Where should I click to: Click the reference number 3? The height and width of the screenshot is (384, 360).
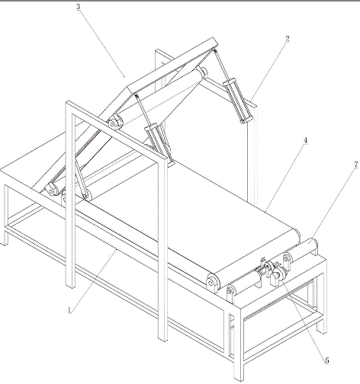79,7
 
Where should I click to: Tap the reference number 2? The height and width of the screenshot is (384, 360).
288,39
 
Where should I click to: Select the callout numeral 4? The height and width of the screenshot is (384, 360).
305,140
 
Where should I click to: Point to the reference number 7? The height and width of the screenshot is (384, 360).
356,165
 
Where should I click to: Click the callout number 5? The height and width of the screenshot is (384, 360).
327,360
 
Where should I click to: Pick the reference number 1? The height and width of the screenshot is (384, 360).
69,310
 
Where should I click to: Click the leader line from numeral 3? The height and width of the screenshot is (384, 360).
102,43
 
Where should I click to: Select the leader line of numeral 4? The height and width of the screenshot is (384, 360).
284,178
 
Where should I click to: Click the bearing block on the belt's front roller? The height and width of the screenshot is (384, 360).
213,283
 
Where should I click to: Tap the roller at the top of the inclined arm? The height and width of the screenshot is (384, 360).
201,72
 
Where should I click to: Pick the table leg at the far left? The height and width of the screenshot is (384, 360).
5,215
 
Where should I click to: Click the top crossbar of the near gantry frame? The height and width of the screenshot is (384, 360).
117,130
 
